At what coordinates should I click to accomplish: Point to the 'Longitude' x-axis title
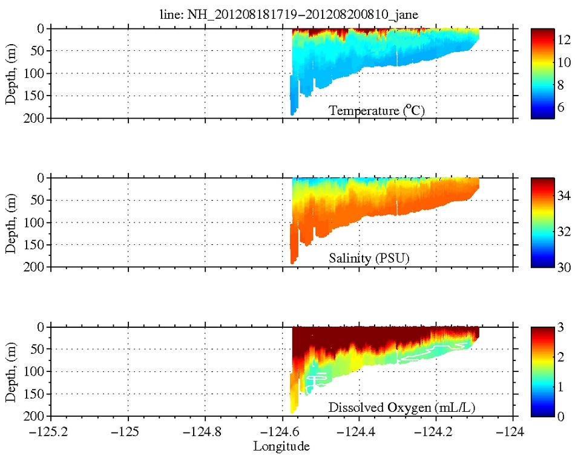point(281,446)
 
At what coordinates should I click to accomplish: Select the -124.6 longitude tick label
point(283,432)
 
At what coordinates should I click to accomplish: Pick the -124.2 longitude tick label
point(437,432)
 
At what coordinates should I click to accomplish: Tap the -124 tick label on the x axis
point(514,432)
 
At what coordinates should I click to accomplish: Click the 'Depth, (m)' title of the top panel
point(11,74)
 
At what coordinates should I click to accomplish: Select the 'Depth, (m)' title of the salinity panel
point(11,223)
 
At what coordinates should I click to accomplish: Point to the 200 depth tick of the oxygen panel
point(35,416)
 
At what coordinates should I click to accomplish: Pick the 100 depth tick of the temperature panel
point(35,74)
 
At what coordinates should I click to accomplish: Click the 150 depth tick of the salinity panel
point(35,245)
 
